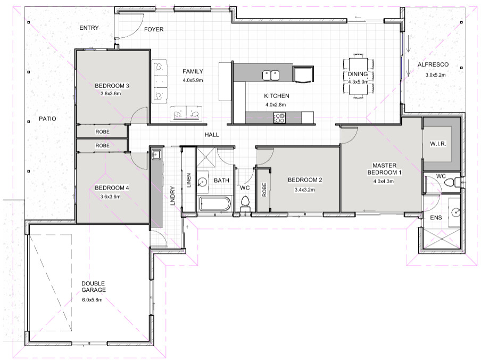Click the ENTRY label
pos(89,28)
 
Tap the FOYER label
pos(154,29)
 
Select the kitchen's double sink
pos(270,75)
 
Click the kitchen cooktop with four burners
pos(279,118)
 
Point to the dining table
pos(358,76)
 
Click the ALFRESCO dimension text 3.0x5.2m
pos(435,75)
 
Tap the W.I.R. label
pos(438,144)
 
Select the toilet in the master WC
pos(452,182)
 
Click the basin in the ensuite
pos(455,212)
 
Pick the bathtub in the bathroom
pos(215,204)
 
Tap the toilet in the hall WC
pos(245,203)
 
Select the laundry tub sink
pos(156,154)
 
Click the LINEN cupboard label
pos(188,180)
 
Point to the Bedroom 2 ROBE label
pos(264,190)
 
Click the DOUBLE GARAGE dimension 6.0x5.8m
pos(92,300)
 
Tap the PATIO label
pos(48,119)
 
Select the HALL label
pos(212,135)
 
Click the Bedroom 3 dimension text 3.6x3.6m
pos(111,93)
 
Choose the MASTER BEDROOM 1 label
pos(384,169)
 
